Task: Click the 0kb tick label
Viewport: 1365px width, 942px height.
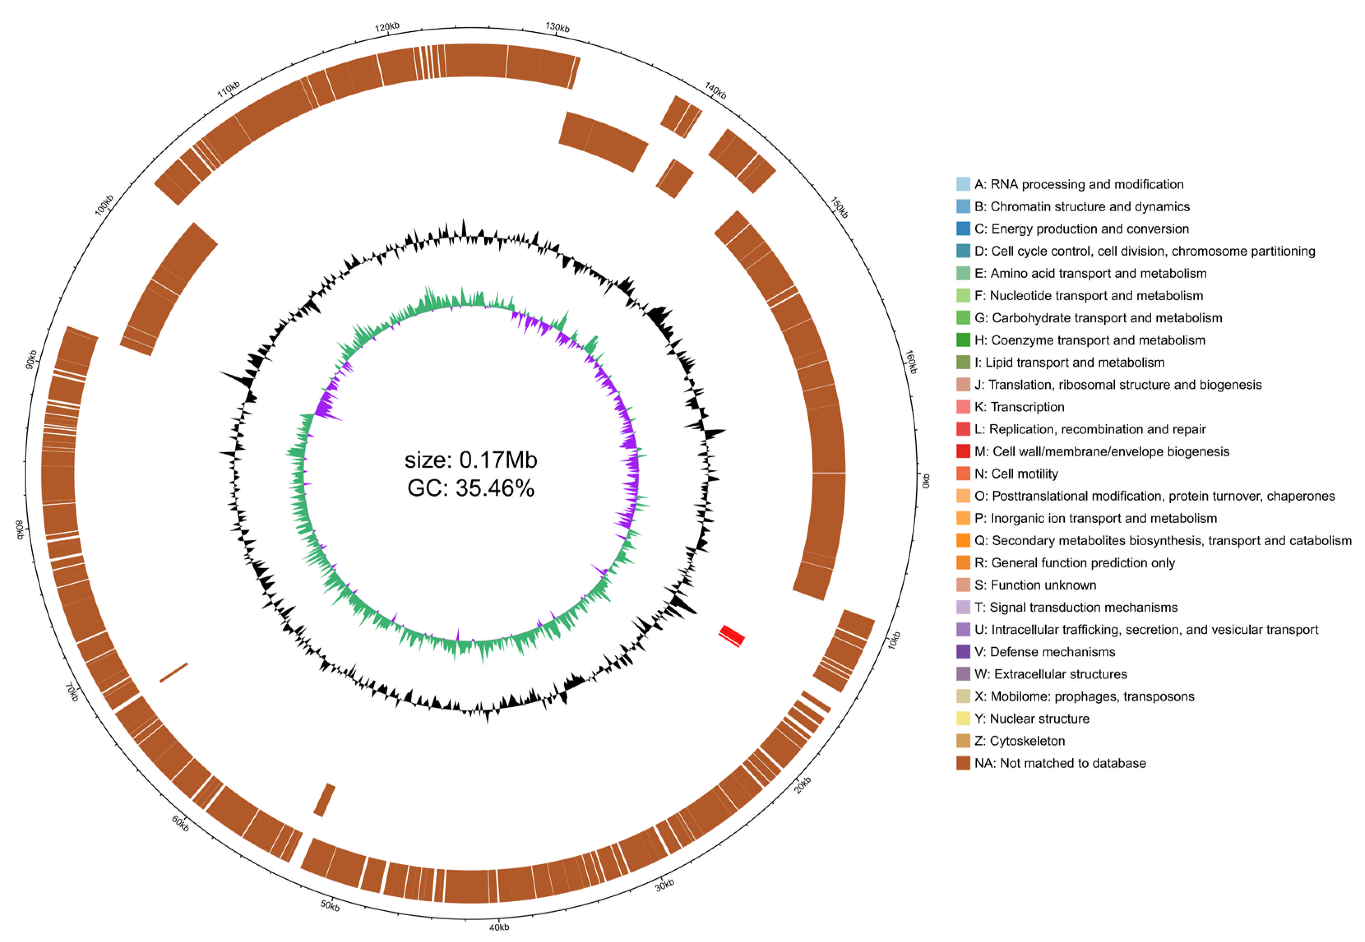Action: pos(925,481)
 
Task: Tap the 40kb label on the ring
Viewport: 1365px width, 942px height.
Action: pos(499,927)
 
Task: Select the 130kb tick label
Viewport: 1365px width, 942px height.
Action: pos(557,27)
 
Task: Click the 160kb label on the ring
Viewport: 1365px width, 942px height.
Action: pos(911,362)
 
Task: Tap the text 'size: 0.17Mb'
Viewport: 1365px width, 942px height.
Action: pos(470,460)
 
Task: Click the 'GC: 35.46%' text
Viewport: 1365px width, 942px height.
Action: pos(470,488)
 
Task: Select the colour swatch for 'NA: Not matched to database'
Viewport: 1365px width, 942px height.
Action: pos(963,763)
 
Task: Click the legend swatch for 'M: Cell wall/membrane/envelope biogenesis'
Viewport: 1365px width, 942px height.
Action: pos(963,451)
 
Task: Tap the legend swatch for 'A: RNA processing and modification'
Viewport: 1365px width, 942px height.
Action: pos(963,184)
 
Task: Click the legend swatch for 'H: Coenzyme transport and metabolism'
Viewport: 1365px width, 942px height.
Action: pos(963,340)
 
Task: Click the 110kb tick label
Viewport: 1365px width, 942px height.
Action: pos(228,89)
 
